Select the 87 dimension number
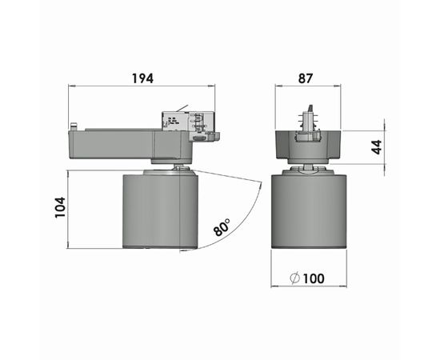pos(305,78)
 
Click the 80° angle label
pos(222,227)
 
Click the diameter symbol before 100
pos(294,278)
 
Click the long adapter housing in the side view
pos(120,144)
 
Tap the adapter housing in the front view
pos(308,146)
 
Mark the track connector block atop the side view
pos(190,123)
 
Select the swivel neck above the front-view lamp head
pos(308,167)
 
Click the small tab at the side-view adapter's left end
pos(74,126)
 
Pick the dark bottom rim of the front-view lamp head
pos(308,245)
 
